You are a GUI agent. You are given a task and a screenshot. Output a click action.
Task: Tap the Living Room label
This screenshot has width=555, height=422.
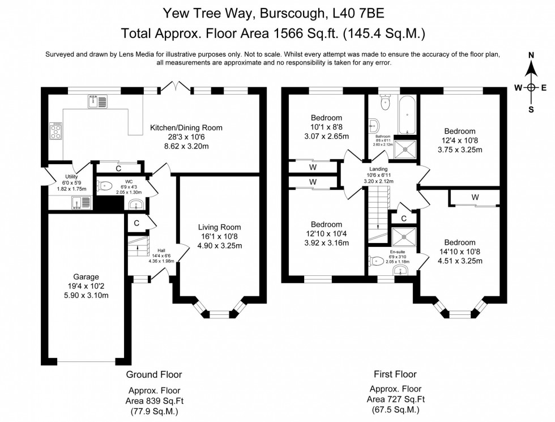click(215, 228)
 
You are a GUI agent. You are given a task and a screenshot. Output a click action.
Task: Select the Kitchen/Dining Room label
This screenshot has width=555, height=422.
click(186, 127)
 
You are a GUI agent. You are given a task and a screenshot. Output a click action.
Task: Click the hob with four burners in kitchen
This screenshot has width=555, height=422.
click(57, 131)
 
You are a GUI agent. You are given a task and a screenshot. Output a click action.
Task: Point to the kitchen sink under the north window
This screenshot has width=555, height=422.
click(97, 102)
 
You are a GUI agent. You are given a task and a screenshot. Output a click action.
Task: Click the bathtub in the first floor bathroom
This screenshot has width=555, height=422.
click(407, 115)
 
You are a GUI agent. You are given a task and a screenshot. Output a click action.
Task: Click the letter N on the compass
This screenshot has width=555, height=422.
click(531, 55)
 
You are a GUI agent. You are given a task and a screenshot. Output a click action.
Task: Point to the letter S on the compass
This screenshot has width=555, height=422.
click(531, 110)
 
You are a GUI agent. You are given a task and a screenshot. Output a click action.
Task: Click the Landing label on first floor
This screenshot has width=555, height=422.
click(378, 169)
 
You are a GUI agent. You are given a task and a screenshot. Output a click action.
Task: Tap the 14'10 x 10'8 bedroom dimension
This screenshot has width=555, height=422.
click(460, 252)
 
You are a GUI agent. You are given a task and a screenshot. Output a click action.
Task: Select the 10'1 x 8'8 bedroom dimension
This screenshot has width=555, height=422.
click(326, 127)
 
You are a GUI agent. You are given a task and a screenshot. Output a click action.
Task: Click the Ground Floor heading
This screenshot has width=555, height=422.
click(153, 374)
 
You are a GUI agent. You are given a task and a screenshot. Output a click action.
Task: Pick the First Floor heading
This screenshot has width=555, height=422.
click(395, 374)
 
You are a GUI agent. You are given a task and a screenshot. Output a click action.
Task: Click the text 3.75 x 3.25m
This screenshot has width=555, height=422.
click(459, 150)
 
